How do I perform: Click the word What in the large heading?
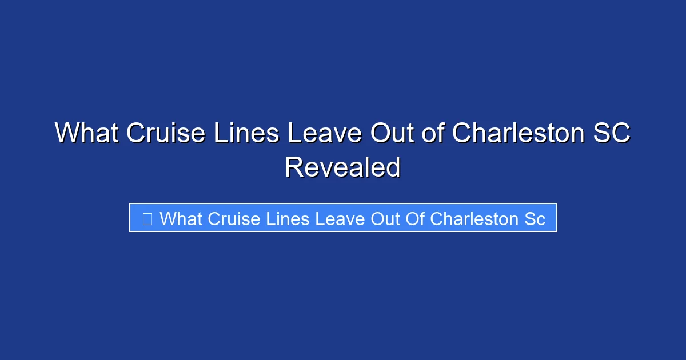(86, 134)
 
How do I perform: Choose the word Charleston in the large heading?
(519, 134)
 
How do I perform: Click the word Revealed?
(342, 168)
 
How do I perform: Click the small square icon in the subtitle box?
(147, 218)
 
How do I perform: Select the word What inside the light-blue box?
(181, 218)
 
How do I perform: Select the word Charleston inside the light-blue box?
(473, 218)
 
